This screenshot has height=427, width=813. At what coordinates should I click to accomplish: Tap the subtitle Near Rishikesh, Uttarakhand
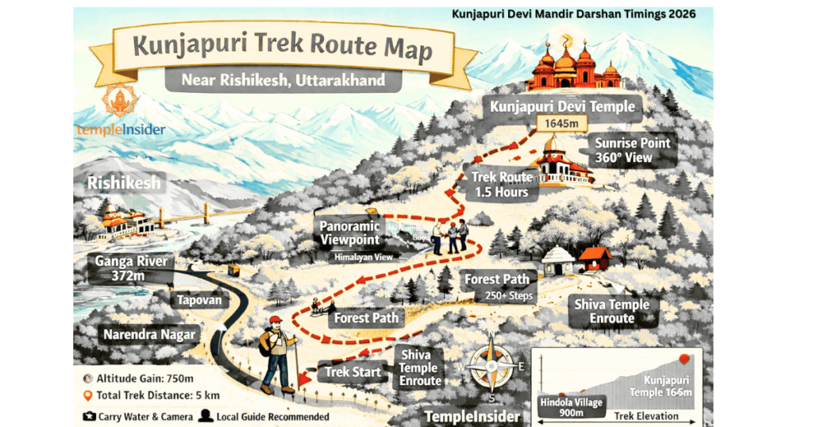(283, 80)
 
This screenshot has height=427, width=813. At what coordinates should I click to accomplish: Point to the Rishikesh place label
(125, 183)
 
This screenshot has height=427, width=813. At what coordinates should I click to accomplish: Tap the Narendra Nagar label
(148, 334)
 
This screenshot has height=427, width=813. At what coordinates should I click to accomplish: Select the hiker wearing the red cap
(277, 352)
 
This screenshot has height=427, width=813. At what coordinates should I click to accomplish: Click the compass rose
(491, 367)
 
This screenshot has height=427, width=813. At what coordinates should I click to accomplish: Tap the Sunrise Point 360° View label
(633, 150)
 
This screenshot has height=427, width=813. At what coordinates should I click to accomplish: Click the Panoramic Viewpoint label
(350, 233)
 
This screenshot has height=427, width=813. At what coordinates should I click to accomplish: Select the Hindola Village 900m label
(572, 407)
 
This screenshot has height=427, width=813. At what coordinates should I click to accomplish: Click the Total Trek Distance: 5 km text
(152, 395)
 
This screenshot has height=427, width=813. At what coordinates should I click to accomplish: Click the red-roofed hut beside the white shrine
(594, 259)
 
